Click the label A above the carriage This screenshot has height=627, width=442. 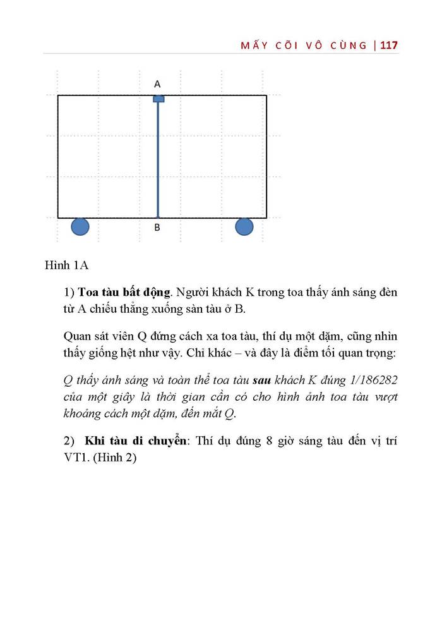157,83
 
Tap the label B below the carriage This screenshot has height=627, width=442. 157,228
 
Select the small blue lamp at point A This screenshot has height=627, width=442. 158,99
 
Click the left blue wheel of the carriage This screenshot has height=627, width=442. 80,226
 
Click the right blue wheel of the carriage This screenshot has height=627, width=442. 244,226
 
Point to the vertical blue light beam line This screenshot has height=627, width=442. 158,158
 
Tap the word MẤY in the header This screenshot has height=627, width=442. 256,45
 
